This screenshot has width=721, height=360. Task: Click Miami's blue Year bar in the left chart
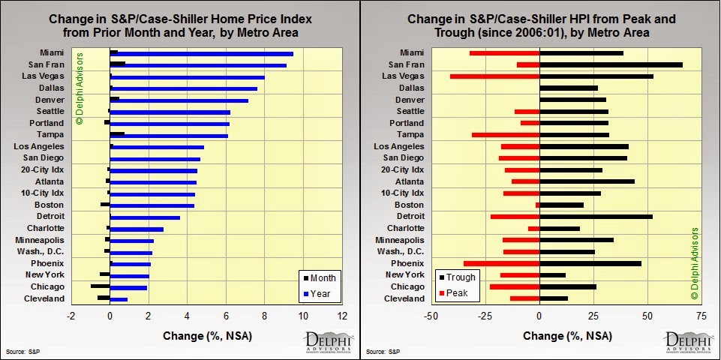click(x=203, y=54)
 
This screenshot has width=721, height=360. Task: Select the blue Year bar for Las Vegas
click(x=188, y=77)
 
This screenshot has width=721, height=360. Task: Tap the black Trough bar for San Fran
click(x=611, y=64)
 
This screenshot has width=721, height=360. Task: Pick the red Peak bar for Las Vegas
click(x=495, y=76)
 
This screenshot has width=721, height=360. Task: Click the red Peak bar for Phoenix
click(x=502, y=263)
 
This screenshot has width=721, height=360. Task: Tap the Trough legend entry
click(x=455, y=277)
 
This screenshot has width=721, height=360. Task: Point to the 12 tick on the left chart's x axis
click(x=342, y=316)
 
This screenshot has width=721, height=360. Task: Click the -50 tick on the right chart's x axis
click(x=431, y=316)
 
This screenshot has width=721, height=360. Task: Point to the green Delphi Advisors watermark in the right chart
click(x=694, y=262)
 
